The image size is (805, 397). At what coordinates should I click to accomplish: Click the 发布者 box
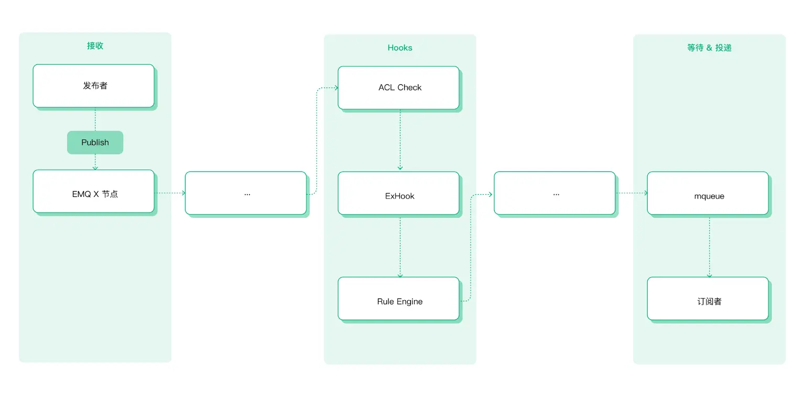coord(94,86)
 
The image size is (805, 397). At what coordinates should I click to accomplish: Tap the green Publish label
coord(95,142)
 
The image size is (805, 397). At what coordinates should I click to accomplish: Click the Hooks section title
coord(400,48)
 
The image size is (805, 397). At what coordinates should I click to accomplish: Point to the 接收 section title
coord(95,46)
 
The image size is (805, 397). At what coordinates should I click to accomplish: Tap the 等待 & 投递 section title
coord(709,48)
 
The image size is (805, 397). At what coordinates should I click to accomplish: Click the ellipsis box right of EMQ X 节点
coord(246,193)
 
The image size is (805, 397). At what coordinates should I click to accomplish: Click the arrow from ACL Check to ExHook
coord(400,139)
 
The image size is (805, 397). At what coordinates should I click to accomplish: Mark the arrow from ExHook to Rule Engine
coord(400,246)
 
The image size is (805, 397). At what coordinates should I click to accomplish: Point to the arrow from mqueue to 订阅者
coord(709,246)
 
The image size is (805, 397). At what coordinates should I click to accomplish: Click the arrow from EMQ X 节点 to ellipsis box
coord(170,193)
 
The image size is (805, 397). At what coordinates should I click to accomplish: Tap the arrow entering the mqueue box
coord(632,193)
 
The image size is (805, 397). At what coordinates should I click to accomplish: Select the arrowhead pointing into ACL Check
coord(335,87)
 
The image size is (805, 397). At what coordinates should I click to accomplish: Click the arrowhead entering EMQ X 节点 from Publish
coord(95,168)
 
